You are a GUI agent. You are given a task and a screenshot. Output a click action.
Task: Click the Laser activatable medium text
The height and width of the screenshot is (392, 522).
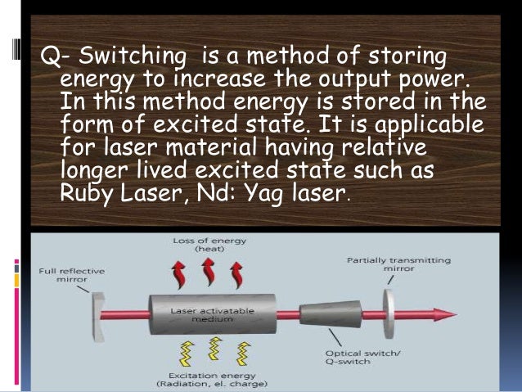[x=200, y=316]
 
